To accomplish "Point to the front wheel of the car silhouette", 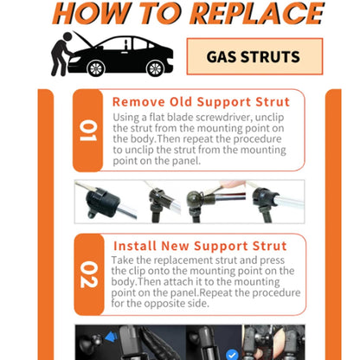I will point(96,68).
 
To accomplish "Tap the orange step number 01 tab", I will point(87,130).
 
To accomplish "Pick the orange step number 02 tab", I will point(87,275).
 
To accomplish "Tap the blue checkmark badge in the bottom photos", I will point(230,354).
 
